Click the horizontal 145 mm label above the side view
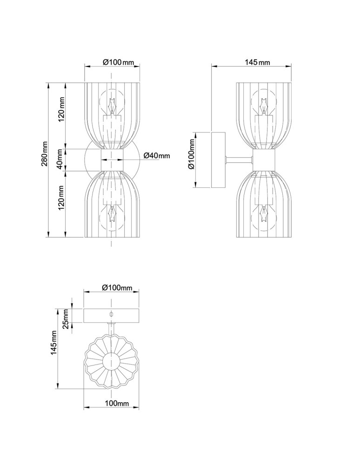pyautogui.click(x=256, y=62)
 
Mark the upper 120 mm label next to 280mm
pyautogui.click(x=60, y=110)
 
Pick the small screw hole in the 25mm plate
pyautogui.click(x=111, y=315)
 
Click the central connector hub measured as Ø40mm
pyautogui.click(x=112, y=159)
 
